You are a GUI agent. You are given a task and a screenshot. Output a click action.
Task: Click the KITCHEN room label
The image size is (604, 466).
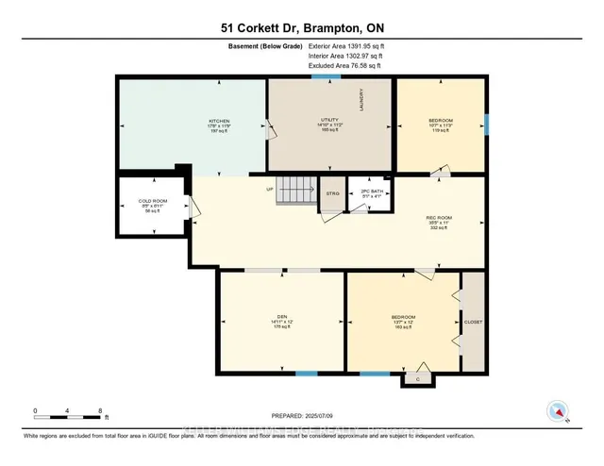coord(219,122)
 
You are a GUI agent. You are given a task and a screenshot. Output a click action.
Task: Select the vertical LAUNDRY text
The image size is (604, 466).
coord(361,100)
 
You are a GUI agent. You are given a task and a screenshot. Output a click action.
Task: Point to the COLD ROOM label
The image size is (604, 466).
coord(153,202)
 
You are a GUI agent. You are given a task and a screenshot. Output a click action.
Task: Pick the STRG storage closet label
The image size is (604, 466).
coord(332,194)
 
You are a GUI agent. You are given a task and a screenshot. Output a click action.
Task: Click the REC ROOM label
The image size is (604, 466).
coord(440,218)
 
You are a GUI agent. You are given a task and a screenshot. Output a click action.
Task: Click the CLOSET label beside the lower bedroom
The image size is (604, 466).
coord(473,322)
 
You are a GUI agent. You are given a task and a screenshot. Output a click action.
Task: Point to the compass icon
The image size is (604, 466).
coord(559,410)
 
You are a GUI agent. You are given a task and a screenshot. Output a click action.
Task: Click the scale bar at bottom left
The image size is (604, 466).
coord(68,414)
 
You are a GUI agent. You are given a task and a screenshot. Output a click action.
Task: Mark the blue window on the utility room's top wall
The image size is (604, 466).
coord(327,77)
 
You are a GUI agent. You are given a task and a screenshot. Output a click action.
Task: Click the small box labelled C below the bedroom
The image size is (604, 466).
coord(417,379)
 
